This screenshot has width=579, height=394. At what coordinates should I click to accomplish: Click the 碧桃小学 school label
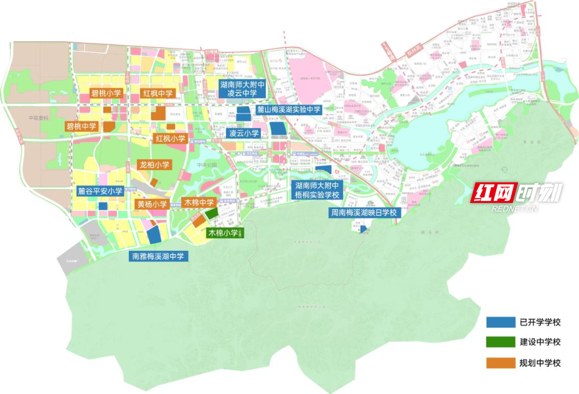pyautogui.click(x=106, y=93)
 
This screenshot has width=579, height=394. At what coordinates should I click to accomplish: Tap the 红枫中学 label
pyautogui.click(x=158, y=93)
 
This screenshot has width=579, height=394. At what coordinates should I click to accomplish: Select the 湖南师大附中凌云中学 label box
pyautogui.click(x=243, y=88)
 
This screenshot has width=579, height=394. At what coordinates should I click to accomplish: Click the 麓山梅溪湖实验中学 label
pyautogui.click(x=288, y=110)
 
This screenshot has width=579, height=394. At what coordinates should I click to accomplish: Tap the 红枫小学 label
pyautogui.click(x=171, y=138)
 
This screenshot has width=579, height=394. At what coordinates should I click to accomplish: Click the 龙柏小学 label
pyautogui.click(x=154, y=165)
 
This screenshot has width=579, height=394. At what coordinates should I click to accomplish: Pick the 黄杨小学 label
pyautogui.click(x=152, y=204)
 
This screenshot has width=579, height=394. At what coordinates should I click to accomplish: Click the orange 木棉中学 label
pyautogui.click(x=199, y=203)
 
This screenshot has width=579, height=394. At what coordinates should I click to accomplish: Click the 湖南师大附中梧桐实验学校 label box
pyautogui.click(x=317, y=190)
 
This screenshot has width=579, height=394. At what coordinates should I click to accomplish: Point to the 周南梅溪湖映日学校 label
pyautogui.click(x=363, y=213)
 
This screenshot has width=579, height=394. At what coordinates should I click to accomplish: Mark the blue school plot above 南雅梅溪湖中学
pyautogui.click(x=153, y=235)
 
